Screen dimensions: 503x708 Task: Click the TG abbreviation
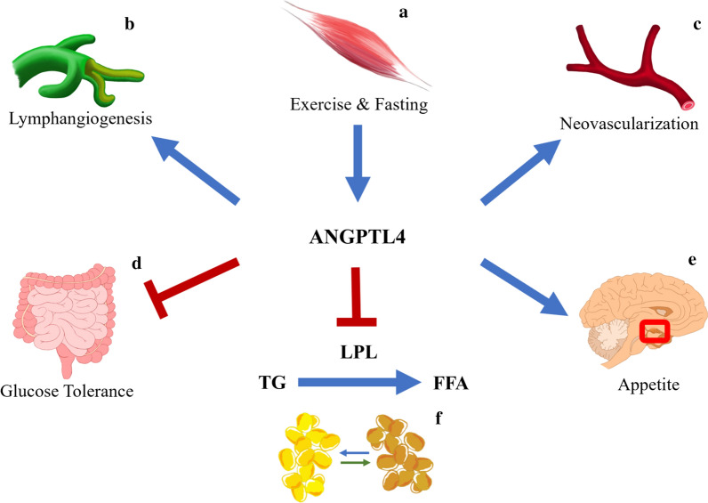click(270, 384)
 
